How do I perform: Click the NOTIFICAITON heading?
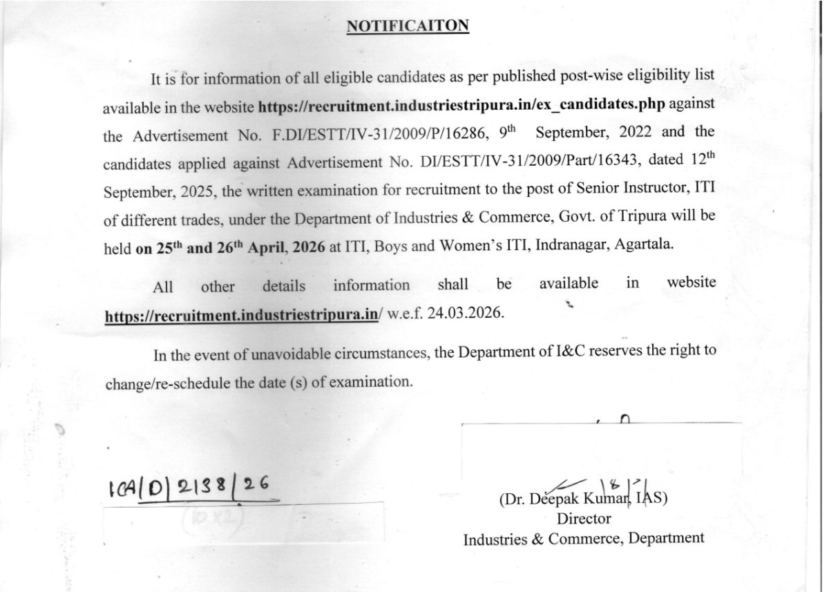pos(408,26)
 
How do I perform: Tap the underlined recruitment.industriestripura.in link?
pos(241,315)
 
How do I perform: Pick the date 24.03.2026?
pos(466,314)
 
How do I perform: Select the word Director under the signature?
pos(584,518)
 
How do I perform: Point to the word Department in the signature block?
pos(666,537)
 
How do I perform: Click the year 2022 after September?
pos(625,132)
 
